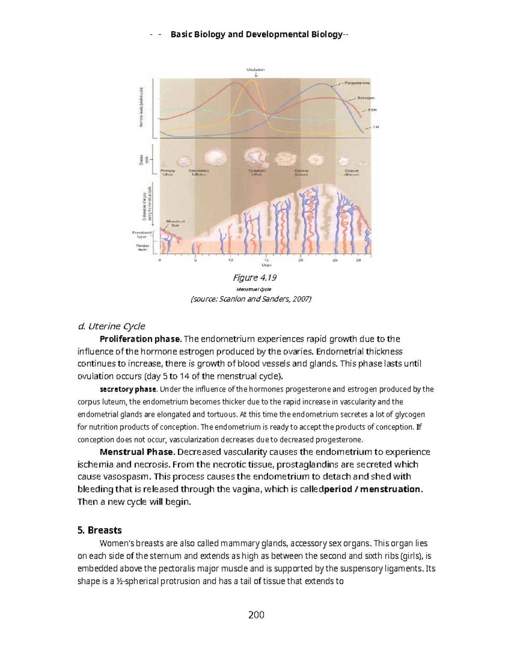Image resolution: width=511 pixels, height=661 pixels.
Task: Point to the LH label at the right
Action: coord(376,127)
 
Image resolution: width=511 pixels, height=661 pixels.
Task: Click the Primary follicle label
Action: coord(167,173)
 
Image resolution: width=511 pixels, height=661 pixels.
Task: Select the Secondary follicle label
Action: coord(198,173)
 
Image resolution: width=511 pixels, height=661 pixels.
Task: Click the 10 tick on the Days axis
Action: coord(230,260)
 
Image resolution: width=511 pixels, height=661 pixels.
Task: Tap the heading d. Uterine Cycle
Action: coord(111,326)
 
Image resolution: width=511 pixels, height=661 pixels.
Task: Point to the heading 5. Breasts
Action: coord(100,530)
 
